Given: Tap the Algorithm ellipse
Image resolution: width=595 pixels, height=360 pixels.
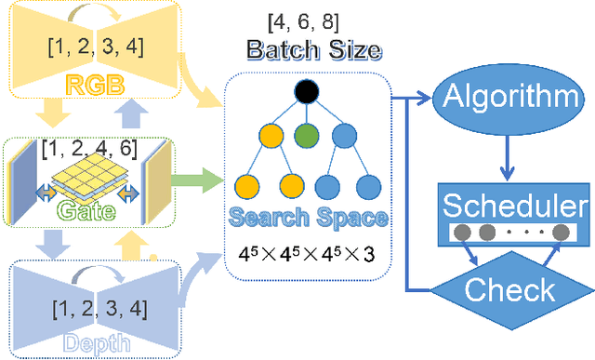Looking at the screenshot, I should [x=503, y=96].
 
